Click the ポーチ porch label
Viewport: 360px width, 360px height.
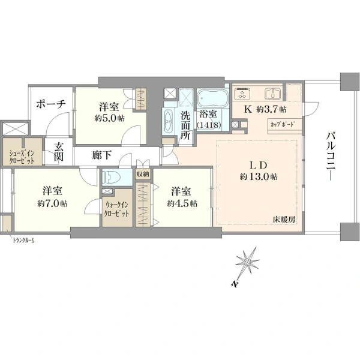tap(51, 104)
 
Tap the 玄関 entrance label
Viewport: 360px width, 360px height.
tap(59, 152)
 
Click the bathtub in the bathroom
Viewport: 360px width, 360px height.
tap(213, 98)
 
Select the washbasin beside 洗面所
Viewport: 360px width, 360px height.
tap(168, 121)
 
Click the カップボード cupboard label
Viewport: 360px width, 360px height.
tap(283, 125)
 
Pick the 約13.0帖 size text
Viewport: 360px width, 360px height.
tap(259, 177)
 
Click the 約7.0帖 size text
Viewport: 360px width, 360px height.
tap(52, 203)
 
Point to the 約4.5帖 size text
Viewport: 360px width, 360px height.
tap(182, 203)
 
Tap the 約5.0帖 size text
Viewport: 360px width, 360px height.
tap(110, 118)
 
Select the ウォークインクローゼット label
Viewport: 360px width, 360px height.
tap(117, 209)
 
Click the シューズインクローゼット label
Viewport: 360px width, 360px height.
tap(22, 157)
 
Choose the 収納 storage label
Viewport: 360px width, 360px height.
tap(143, 174)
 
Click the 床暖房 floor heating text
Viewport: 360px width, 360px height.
tap(284, 220)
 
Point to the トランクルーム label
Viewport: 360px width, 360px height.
tap(24, 241)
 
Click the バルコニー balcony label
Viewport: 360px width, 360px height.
tap(331, 156)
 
